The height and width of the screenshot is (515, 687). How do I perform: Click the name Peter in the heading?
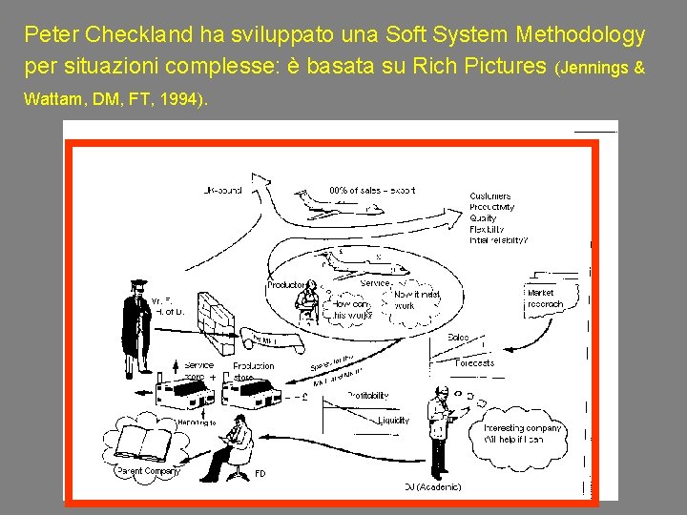(51, 36)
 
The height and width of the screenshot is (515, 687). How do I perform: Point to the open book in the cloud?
(142, 444)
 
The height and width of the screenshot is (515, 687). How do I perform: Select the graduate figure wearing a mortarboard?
(137, 320)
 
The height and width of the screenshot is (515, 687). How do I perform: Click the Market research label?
(545, 299)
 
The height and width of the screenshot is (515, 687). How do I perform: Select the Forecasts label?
(474, 362)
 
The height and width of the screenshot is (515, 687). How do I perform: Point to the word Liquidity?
(393, 420)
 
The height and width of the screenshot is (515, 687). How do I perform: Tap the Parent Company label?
(148, 471)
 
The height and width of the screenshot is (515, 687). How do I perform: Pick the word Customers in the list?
(489, 196)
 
